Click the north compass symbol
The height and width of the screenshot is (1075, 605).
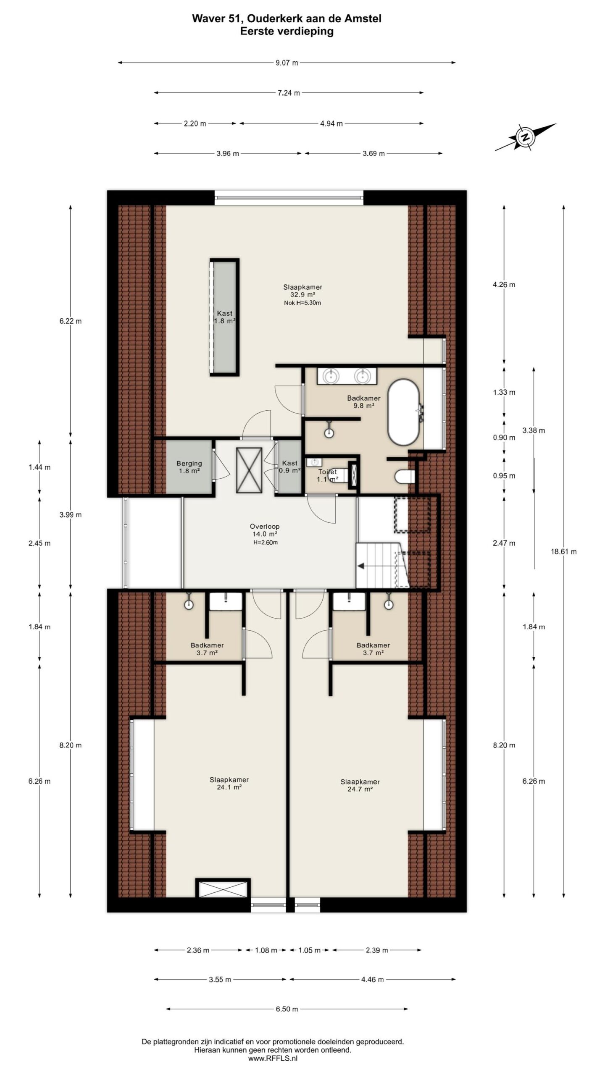(525, 137)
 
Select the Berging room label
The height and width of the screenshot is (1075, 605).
(189, 467)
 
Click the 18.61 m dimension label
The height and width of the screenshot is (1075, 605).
(563, 551)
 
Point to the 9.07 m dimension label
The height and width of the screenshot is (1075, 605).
(287, 63)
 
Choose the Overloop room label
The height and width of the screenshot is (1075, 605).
(264, 530)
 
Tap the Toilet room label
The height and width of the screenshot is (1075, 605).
(328, 475)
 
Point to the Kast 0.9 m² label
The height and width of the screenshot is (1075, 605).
(289, 467)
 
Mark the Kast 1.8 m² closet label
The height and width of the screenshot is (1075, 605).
(225, 317)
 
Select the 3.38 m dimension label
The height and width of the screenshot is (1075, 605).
(534, 430)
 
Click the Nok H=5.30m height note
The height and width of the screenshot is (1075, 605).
(302, 303)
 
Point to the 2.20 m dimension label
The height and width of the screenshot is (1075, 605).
(195, 123)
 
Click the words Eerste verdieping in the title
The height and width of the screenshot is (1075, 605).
(287, 31)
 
